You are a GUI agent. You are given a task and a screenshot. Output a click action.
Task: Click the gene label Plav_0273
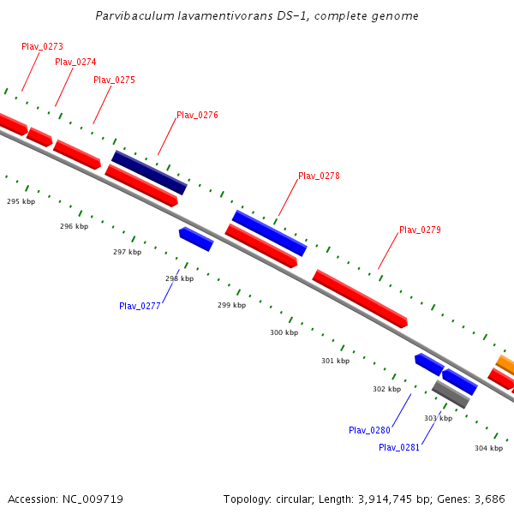coord(42,46)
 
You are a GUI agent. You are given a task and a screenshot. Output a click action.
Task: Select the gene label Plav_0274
coord(75,62)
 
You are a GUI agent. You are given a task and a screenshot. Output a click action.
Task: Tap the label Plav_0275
coord(114,80)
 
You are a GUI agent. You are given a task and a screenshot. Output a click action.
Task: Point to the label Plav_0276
coord(197,115)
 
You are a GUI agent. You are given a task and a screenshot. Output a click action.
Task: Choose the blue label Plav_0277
coord(140,306)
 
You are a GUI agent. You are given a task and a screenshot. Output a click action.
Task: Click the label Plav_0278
coord(319,176)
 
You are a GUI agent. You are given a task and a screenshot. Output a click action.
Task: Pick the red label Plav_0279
coord(420,230)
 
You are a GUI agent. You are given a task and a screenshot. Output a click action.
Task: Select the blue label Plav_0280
coord(369,430)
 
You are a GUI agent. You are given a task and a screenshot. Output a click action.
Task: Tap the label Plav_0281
coord(399,447)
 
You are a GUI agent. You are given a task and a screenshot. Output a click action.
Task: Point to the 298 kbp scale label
coord(179,278)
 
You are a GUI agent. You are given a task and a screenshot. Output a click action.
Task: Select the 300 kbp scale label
coord(284,332)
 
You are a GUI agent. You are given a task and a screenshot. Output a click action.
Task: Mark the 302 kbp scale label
coord(386,389)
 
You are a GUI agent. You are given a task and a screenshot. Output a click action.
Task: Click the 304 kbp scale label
coord(488,448)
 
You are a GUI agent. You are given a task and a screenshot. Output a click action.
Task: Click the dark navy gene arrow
coord(149,172)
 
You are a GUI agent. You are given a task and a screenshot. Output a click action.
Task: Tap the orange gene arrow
coord(505,365)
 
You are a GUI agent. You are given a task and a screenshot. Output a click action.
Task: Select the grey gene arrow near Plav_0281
coord(451,394)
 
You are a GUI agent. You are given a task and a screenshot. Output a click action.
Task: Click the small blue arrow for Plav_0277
coord(196,239)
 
